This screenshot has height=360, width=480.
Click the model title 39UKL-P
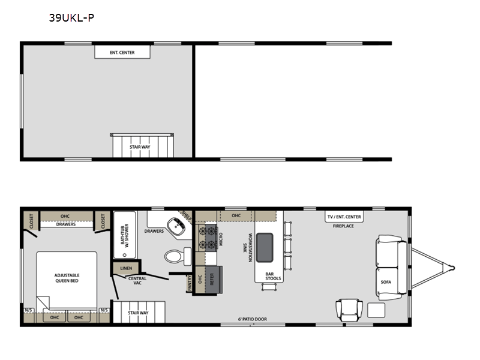click(x=71, y=18)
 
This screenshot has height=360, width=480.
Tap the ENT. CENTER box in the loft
click(x=122, y=52)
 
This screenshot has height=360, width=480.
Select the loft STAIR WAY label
click(x=140, y=147)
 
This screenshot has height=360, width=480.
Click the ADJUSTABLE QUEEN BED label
click(x=67, y=278)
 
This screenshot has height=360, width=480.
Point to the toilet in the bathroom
click(x=178, y=256)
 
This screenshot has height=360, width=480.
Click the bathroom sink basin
click(x=176, y=227)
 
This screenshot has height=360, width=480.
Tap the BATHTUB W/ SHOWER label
click(x=124, y=234)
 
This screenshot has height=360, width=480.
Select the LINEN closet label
click(x=126, y=268)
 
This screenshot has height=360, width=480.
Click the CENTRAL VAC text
click(x=137, y=281)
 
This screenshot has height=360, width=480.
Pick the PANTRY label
click(x=189, y=283)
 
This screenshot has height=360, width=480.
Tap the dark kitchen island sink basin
click(x=265, y=248)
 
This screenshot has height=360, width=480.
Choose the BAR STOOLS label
click(x=273, y=276)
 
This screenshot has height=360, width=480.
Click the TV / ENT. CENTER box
click(x=344, y=217)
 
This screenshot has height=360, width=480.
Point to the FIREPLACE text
click(x=343, y=226)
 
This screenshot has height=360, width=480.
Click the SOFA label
click(x=386, y=282)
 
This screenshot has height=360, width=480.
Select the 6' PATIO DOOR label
click(x=253, y=319)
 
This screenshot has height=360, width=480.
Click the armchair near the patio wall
click(x=349, y=310)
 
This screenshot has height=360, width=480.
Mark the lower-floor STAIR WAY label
click(x=138, y=313)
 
